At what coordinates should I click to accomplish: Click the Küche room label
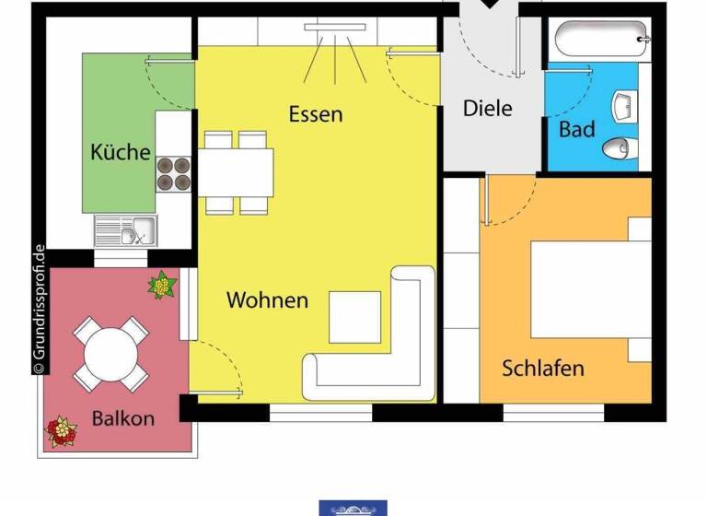120,152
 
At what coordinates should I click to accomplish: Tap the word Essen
315,114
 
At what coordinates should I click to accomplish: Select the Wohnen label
267,300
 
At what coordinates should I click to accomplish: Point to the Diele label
487,108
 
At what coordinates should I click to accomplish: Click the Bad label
577,130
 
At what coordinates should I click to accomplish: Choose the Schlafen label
543,369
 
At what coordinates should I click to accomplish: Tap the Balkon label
122,418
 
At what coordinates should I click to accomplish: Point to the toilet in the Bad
620,147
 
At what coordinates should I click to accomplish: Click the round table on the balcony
110,351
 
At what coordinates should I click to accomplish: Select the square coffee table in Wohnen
354,317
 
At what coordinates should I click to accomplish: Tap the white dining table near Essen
236,171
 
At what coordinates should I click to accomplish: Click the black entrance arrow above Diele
488,5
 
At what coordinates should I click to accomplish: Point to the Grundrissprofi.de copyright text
38,309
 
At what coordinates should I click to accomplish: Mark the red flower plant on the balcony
62,431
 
